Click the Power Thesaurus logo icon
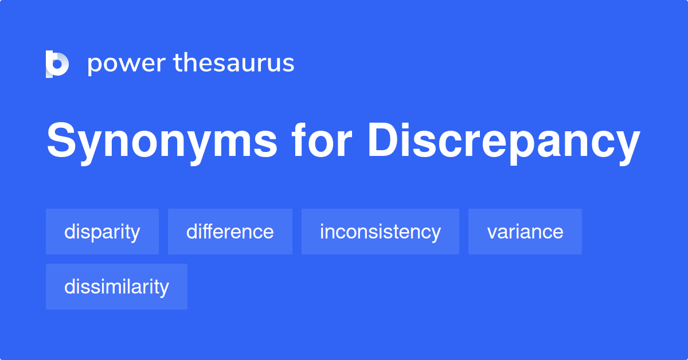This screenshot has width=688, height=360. [x=57, y=64]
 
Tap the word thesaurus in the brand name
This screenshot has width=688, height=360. [x=234, y=64]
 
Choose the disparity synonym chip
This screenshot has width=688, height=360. [x=102, y=232]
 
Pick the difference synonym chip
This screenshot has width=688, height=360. [x=230, y=232]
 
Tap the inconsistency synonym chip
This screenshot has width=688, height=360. [x=380, y=232]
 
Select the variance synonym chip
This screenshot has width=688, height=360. [x=525, y=232]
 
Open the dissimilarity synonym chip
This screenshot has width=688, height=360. [x=116, y=287]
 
